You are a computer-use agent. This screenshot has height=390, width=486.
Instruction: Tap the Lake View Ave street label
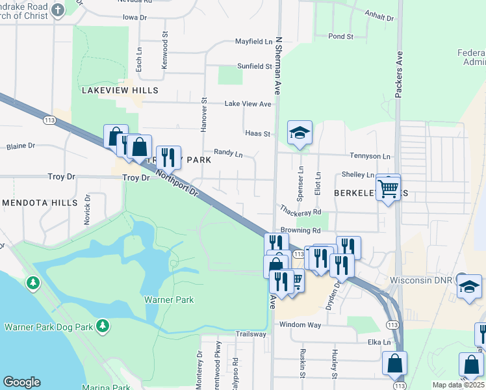[x=248, y=104]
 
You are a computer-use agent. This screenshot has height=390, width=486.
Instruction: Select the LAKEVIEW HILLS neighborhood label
[x=120, y=90]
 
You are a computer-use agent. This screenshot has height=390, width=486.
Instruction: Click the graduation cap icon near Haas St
[x=300, y=132]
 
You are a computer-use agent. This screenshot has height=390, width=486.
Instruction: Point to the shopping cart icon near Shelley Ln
[x=388, y=188]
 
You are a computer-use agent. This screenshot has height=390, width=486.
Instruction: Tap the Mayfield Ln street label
[x=253, y=42]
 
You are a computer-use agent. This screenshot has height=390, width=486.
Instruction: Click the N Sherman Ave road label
[x=278, y=65]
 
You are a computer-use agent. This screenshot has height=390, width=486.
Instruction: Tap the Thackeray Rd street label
[x=301, y=212]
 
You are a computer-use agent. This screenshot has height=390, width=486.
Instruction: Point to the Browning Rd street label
[x=301, y=230]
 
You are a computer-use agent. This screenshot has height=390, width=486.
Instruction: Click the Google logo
[x=21, y=382]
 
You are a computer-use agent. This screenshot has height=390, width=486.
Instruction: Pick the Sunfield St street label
[x=254, y=66]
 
